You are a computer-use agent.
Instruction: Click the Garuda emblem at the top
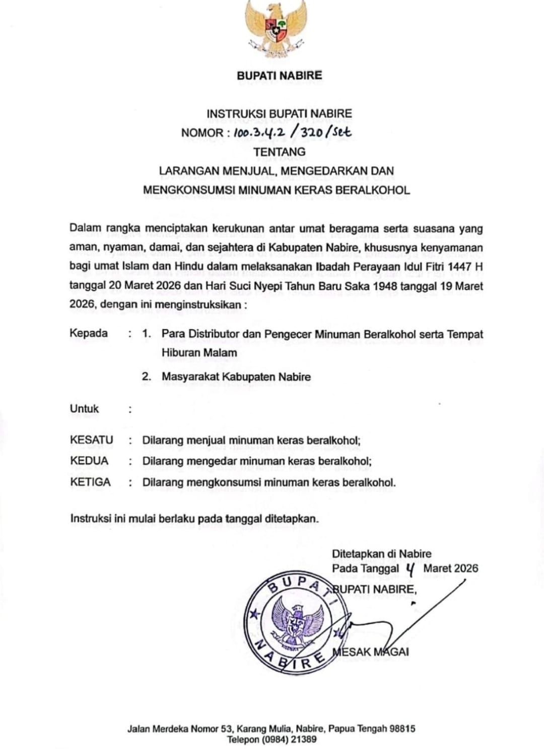click(x=277, y=29)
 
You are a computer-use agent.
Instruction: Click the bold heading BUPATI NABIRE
click(x=279, y=76)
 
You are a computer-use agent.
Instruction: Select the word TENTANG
click(x=279, y=152)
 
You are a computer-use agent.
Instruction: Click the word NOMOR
click(x=202, y=133)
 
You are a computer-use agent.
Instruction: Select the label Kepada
click(x=89, y=333)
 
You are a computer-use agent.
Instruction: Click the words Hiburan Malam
click(x=199, y=353)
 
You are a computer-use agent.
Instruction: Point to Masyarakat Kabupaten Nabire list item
click(x=236, y=377)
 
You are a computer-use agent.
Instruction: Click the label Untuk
click(x=84, y=409)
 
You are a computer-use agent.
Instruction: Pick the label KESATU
click(x=91, y=440)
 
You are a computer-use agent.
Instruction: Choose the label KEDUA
click(x=89, y=461)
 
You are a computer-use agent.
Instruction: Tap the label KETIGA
click(x=90, y=482)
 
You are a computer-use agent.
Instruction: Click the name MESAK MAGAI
click(x=371, y=652)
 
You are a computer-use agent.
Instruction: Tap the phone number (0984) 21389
click(x=287, y=739)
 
